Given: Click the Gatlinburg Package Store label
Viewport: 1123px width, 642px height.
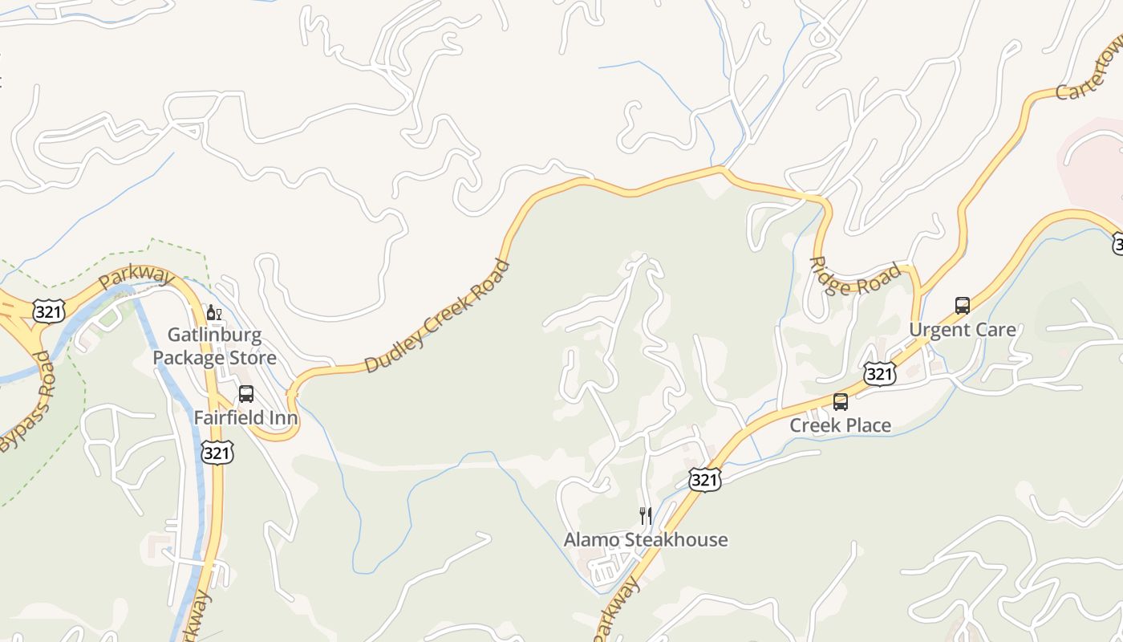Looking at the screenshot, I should click(x=215, y=346).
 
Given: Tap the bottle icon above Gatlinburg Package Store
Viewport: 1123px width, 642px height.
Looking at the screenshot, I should click(x=213, y=312).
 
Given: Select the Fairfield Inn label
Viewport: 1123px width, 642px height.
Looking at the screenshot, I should click(x=245, y=418).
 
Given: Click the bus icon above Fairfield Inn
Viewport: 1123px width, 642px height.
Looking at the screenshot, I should click(x=246, y=394).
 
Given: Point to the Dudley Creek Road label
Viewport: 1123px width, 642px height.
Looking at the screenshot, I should click(x=437, y=316).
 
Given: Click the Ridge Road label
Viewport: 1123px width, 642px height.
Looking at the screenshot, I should click(x=855, y=277).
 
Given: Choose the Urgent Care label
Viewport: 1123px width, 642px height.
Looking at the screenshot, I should click(x=962, y=330).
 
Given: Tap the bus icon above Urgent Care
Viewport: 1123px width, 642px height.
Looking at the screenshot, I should click(x=963, y=305).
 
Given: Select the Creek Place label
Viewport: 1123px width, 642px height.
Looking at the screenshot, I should click(x=840, y=425).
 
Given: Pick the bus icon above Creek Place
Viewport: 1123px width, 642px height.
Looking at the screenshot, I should click(x=841, y=401).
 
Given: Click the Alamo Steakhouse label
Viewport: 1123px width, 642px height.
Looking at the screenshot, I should click(x=646, y=539).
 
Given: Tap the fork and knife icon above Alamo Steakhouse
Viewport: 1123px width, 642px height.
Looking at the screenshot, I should click(x=646, y=515).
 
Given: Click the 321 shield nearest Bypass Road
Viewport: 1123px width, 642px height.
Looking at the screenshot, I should click(x=49, y=311).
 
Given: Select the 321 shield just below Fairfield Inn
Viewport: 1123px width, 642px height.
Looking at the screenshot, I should click(x=217, y=452).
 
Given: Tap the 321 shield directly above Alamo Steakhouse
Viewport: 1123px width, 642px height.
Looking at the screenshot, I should click(x=704, y=479).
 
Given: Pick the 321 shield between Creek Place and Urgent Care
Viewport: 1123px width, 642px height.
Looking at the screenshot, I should click(x=880, y=373).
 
